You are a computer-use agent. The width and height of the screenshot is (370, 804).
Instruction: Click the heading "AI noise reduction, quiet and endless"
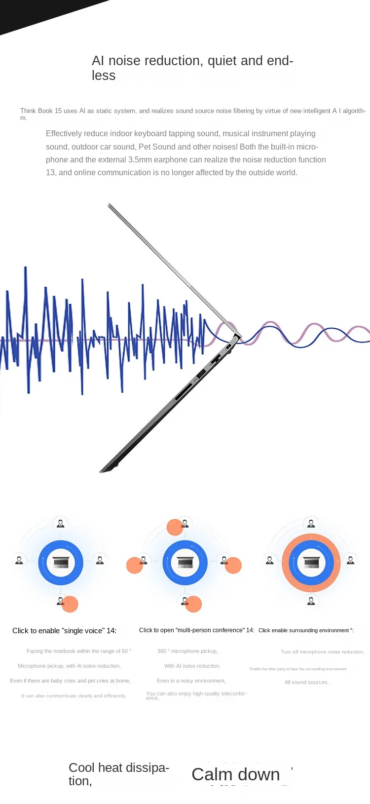pos(192,68)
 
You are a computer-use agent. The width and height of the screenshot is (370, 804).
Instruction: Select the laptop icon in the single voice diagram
pos(61,563)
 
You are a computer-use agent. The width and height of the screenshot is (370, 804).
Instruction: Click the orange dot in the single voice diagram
pos(70,604)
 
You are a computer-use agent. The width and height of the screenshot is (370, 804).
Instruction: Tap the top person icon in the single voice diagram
pos(61,523)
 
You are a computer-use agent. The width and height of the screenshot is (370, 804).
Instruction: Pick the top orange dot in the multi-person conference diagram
pos(175,527)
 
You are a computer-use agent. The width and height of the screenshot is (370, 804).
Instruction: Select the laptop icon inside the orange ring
pos(311,563)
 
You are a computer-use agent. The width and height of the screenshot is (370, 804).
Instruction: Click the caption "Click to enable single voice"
pos(64,631)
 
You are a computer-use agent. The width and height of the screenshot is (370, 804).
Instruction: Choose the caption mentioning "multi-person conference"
pos(196,630)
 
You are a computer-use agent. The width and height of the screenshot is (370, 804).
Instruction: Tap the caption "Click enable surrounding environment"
pos(306,631)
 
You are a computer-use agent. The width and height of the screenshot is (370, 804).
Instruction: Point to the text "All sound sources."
pos(306,683)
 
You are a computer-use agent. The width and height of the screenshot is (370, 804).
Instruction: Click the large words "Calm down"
pos(235,774)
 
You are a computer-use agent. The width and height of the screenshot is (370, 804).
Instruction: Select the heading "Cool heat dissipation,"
pos(118,774)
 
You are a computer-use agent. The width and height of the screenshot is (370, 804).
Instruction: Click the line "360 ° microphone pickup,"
pos(187,651)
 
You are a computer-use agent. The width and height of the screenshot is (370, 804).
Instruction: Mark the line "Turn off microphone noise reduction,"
pos(322,652)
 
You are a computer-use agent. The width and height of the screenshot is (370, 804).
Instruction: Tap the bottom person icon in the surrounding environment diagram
pos(311,601)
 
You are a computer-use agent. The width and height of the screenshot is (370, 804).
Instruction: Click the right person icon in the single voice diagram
pos(100,560)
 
